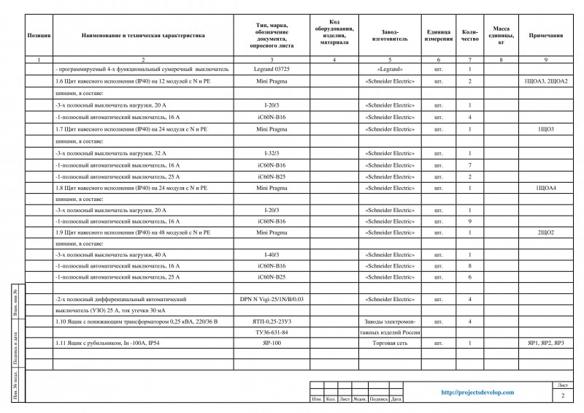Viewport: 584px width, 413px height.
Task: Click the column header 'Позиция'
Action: (x=38, y=34)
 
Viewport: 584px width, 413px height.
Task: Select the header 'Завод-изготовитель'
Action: (x=390, y=34)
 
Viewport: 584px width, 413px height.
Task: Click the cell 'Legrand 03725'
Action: (x=272, y=69)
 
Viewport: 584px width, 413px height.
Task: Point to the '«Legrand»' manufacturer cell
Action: (x=390, y=69)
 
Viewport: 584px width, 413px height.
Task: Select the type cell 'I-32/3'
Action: (x=272, y=154)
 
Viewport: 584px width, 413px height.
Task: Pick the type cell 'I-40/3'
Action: (x=272, y=254)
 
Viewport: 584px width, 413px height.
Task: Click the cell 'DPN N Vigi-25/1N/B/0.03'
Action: (x=272, y=299)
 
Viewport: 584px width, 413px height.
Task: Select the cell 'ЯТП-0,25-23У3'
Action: (x=272, y=322)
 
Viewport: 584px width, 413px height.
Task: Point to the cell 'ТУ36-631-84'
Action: (x=272, y=332)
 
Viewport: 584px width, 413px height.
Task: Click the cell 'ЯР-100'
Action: (x=272, y=343)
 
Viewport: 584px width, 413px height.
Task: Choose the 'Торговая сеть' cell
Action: (x=390, y=343)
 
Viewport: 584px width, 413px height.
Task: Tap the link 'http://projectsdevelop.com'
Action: (x=478, y=393)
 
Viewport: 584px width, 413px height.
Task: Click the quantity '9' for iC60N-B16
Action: (x=469, y=221)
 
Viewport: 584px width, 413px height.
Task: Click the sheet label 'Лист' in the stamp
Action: (x=562, y=384)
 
